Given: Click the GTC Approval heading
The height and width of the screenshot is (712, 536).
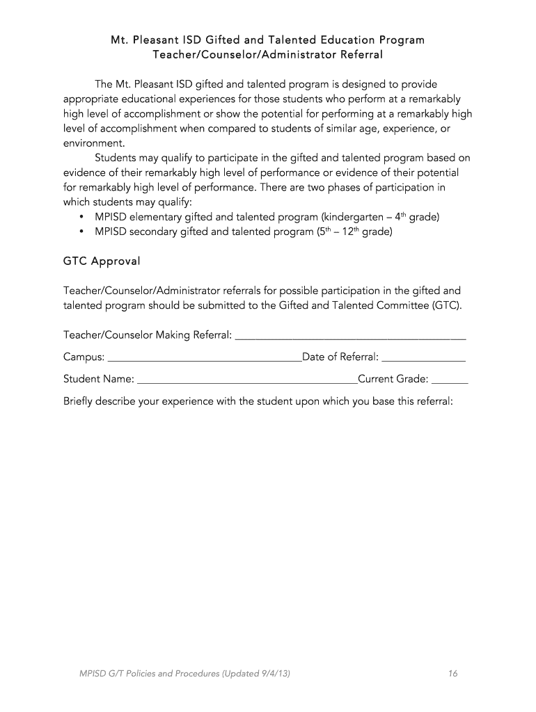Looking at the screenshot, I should tap(102, 261).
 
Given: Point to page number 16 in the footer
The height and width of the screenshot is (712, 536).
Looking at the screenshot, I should tap(452, 673).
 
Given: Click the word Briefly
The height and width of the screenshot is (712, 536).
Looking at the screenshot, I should tap(79, 401).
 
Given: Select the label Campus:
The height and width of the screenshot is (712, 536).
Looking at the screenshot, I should tap(84, 357).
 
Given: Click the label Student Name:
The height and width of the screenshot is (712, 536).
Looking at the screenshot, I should tap(99, 380).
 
